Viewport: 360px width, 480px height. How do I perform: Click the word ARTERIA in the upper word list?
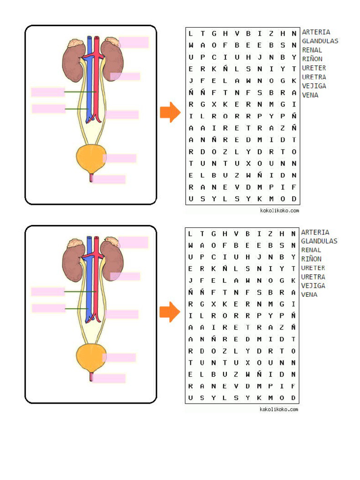click(316, 32)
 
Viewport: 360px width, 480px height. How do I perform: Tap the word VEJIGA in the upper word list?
click(314, 86)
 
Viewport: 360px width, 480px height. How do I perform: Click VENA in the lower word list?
click(309, 294)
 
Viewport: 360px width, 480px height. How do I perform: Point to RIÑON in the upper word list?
click(312, 59)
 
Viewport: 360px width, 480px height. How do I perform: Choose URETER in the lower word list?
click(313, 268)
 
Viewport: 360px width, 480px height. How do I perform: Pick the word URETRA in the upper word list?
click(314, 77)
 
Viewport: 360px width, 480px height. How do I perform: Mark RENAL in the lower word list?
click(311, 250)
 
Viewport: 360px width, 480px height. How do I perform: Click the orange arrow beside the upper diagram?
click(170, 112)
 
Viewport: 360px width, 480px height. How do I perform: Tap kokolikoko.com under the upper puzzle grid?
click(279, 211)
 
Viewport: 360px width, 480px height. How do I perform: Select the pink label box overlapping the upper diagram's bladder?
click(120, 158)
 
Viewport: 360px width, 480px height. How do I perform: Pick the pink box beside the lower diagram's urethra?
click(109, 378)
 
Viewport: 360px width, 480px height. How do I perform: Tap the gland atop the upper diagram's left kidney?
click(75, 44)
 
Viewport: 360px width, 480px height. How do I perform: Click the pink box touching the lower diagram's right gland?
click(134, 242)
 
